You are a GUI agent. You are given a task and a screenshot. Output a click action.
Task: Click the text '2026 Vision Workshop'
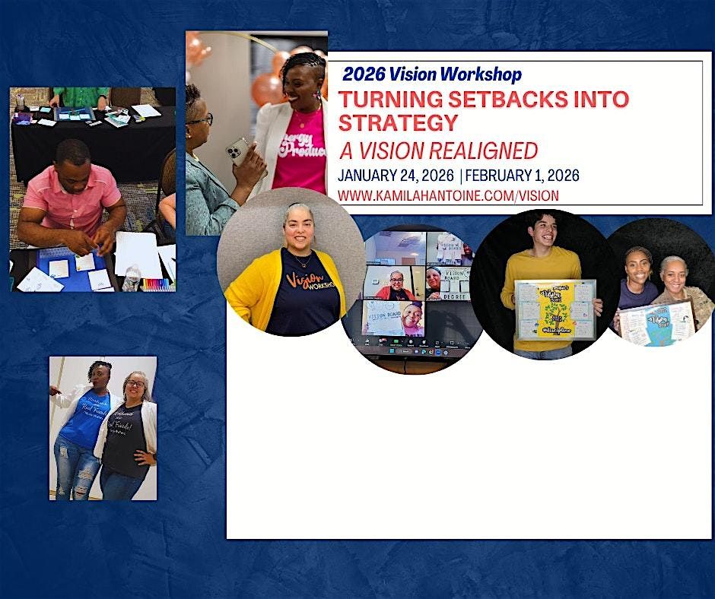432,74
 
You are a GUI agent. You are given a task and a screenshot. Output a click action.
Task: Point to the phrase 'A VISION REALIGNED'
437,150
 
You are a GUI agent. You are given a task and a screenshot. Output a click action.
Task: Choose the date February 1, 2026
522,175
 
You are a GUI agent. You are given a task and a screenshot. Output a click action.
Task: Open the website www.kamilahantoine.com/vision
448,195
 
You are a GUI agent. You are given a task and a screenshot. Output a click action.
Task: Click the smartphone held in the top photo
238,151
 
